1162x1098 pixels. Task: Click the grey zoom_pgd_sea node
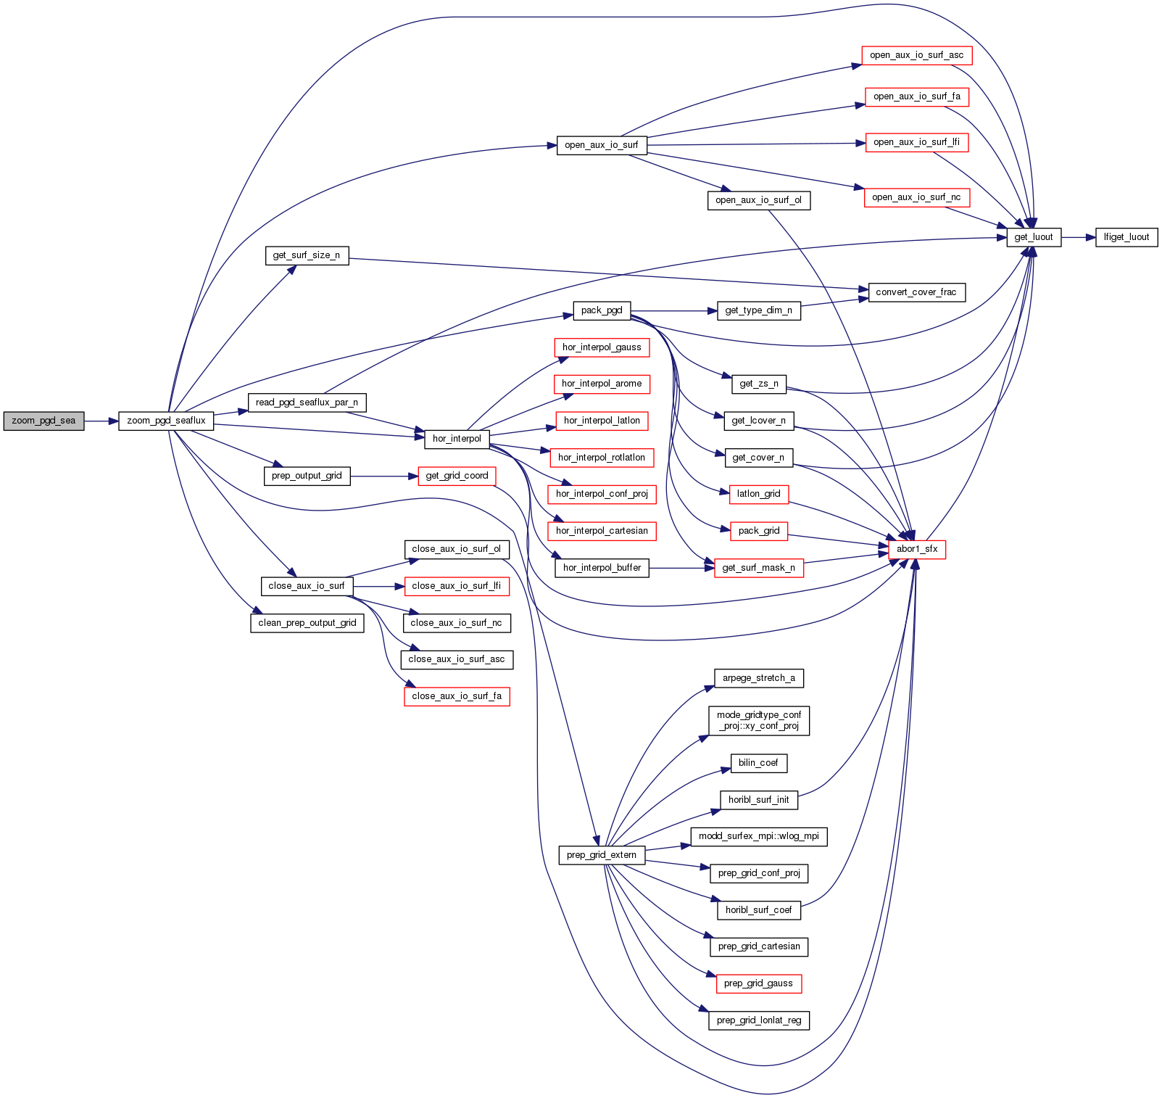pyautogui.click(x=43, y=421)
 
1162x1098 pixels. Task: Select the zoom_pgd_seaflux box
pyautogui.click(x=166, y=421)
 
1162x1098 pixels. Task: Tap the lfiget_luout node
pyautogui.click(x=1126, y=237)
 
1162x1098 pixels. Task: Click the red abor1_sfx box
pyautogui.click(x=916, y=549)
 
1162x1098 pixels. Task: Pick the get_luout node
pyautogui.click(x=1033, y=237)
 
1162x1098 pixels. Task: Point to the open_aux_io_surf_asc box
pyautogui.click(x=916, y=55)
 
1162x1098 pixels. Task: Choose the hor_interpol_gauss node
pyautogui.click(x=602, y=347)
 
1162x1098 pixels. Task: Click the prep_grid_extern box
pyautogui.click(x=601, y=855)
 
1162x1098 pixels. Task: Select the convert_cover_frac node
pyautogui.click(x=916, y=292)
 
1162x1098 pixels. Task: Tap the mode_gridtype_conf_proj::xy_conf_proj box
pyautogui.click(x=759, y=720)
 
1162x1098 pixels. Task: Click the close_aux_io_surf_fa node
pyautogui.click(x=457, y=696)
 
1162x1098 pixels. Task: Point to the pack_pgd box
pyautogui.click(x=602, y=310)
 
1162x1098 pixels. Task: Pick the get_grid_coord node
pyautogui.click(x=457, y=476)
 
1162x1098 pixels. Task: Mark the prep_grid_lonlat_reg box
pyautogui.click(x=759, y=1020)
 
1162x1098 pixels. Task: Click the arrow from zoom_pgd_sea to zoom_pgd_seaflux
pyautogui.click(x=101, y=421)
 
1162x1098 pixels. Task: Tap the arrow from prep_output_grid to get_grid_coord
pyautogui.click(x=384, y=476)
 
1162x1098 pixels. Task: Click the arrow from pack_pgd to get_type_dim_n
pyautogui.click(x=673, y=311)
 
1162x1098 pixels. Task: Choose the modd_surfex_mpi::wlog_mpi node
pyautogui.click(x=759, y=836)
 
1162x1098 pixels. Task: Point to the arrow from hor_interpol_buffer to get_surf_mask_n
pyautogui.click(x=681, y=568)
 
